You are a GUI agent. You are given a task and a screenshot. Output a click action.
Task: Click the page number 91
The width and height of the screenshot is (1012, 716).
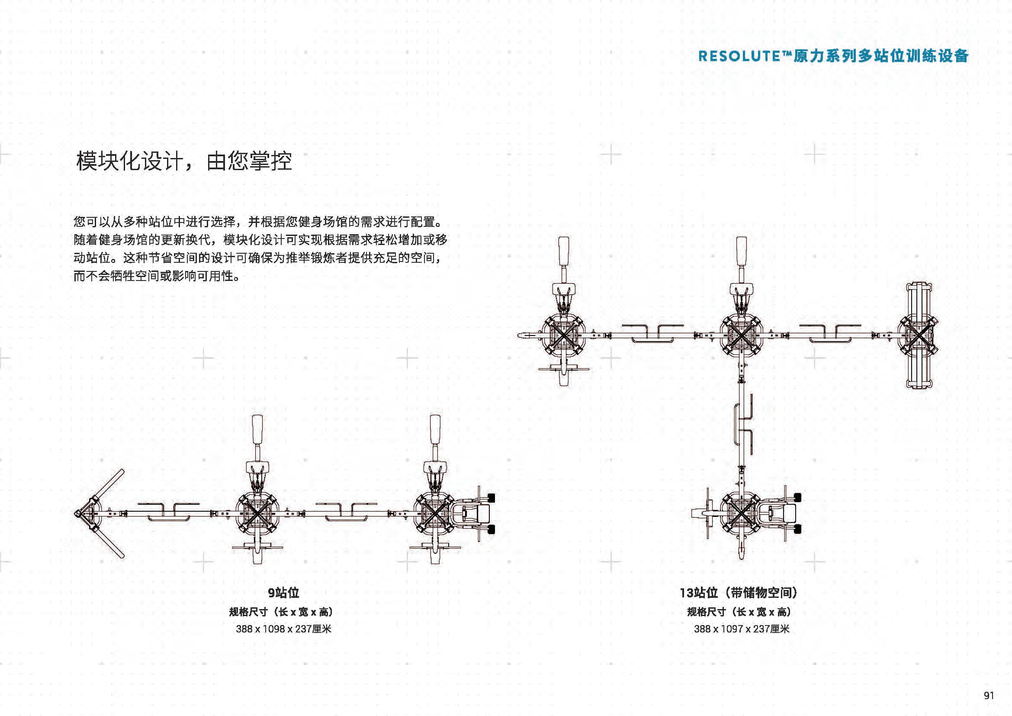pos(989,695)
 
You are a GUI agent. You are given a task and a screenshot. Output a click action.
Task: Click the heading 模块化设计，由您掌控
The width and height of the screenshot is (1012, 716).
pos(184,161)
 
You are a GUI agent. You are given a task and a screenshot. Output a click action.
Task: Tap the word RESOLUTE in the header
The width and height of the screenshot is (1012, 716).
pos(739,56)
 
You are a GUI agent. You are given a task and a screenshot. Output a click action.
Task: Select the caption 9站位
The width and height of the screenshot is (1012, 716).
pos(283,593)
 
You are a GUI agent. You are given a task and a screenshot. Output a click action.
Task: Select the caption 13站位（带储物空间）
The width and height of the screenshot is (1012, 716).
pos(739,593)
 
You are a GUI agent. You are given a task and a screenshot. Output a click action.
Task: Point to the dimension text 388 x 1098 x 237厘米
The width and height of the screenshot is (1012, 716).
pos(283,629)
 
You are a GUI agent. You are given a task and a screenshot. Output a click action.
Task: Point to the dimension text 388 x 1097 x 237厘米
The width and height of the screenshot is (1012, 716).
pos(742,629)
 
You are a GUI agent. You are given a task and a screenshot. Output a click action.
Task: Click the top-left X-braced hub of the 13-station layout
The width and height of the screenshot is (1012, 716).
pos(564,336)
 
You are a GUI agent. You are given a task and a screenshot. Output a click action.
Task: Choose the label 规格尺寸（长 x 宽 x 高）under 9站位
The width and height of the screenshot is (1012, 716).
pos(281,612)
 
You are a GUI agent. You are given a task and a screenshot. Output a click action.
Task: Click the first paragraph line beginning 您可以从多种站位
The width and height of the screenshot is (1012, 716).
pos(260,221)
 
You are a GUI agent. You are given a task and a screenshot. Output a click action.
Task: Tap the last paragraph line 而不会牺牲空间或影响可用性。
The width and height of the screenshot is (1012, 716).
pos(157,277)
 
